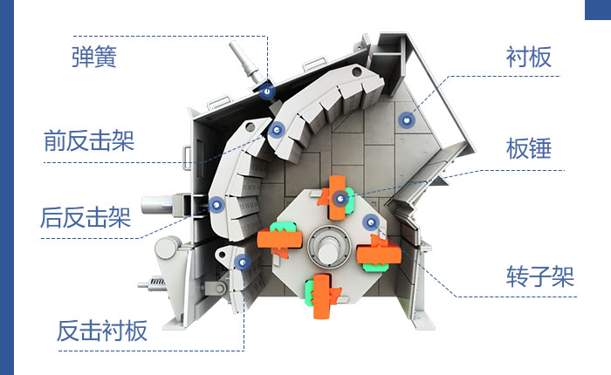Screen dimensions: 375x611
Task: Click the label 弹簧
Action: tap(93, 58)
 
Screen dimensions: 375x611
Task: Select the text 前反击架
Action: tap(89, 140)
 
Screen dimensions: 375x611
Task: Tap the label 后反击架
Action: tap(86, 216)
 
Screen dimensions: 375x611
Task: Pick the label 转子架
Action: tap(539, 278)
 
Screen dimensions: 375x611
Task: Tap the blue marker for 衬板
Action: tap(403, 119)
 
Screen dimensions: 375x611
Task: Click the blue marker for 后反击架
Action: tap(216, 204)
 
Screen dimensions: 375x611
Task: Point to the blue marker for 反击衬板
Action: tap(245, 261)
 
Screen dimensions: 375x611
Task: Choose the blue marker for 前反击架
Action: tap(278, 131)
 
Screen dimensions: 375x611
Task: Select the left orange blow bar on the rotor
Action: tap(278, 237)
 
